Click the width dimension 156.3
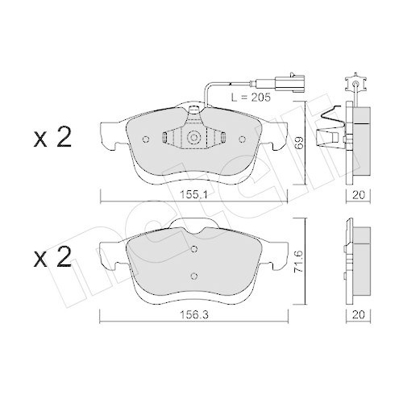click(193, 316)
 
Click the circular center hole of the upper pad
click(193, 138)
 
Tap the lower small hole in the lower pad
click(193, 276)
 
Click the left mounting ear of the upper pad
click(110, 131)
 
